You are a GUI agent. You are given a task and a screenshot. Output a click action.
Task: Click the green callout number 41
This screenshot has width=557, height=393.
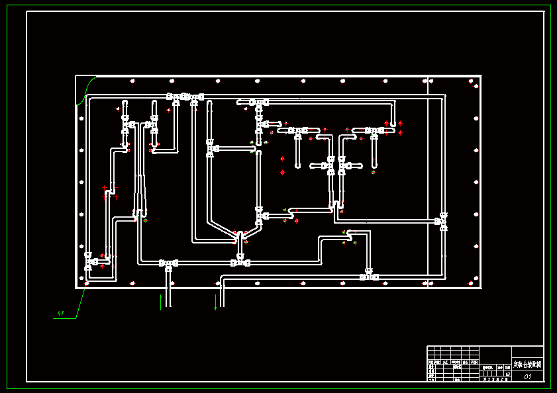(x=60, y=313)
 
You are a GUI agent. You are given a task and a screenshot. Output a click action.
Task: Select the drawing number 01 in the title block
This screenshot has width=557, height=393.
(x=528, y=376)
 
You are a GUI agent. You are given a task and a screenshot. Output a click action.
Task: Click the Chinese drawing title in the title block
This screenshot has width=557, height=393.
(x=527, y=365)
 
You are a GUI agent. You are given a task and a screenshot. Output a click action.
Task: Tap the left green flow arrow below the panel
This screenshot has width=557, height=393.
(x=161, y=302)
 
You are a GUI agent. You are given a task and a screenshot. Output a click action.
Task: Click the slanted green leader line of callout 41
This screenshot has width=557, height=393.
(x=81, y=303)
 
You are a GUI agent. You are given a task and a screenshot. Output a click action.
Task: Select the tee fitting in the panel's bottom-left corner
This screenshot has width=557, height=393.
(x=89, y=261)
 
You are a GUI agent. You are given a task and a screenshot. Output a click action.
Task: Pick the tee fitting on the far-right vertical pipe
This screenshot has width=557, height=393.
(x=442, y=221)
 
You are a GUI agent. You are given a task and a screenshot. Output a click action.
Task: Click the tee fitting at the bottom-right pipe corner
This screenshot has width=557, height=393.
(x=368, y=276)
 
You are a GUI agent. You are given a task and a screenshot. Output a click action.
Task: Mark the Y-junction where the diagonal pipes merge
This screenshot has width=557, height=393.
(x=239, y=236)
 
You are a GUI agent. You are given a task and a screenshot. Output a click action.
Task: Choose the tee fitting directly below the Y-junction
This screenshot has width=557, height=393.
(x=240, y=262)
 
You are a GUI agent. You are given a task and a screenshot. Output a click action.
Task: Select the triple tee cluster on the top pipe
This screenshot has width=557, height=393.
(x=185, y=98)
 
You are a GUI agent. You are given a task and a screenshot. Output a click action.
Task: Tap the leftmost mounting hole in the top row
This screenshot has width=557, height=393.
(x=132, y=81)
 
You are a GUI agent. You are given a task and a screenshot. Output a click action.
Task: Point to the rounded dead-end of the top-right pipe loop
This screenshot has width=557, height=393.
(x=393, y=124)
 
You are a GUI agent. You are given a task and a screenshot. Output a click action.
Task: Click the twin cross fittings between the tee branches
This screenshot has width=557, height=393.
(x=336, y=164)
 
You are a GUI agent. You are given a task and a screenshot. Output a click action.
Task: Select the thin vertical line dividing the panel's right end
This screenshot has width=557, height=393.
(x=429, y=182)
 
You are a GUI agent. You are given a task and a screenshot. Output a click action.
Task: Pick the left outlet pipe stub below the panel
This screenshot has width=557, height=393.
(x=168, y=291)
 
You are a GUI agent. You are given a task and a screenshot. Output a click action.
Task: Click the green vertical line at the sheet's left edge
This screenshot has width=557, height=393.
(x=7, y=198)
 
